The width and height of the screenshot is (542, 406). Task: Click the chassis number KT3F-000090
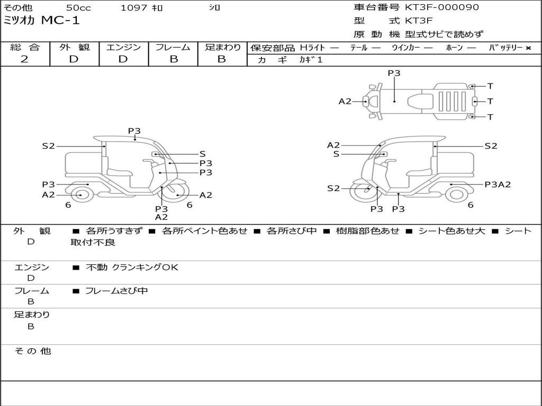[442, 7]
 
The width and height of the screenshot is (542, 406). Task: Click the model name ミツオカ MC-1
[42, 21]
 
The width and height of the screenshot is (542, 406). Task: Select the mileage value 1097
[132, 8]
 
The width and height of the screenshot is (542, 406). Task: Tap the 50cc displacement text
[78, 8]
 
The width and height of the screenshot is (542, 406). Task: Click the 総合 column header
[25, 48]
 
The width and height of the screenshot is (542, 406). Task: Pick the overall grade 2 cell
[24, 59]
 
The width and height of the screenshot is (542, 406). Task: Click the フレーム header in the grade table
[173, 48]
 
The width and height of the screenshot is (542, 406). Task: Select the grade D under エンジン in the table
[123, 59]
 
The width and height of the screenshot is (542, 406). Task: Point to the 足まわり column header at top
[222, 48]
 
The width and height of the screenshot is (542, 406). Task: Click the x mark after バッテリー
[528, 48]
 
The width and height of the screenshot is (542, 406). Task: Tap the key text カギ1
[311, 60]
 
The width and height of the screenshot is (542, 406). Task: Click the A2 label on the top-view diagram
[345, 101]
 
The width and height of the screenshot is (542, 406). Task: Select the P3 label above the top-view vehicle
[394, 73]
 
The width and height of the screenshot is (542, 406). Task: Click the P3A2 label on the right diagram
[498, 184]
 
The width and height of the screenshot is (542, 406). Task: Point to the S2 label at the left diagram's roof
[49, 146]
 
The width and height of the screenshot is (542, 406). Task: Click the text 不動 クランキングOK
[132, 267]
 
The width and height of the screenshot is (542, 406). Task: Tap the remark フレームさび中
[116, 291]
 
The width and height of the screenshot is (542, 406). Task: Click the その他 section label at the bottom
[32, 351]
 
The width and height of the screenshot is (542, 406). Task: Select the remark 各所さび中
[292, 231]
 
